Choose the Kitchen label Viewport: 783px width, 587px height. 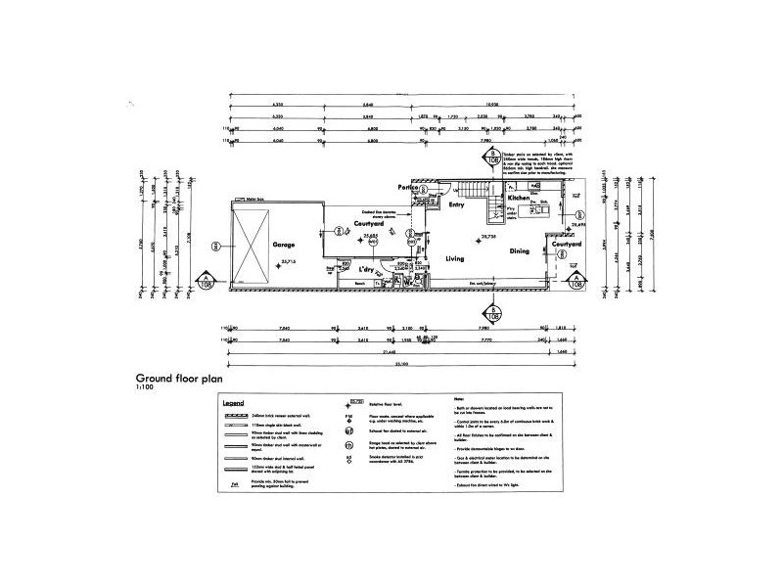[518, 198]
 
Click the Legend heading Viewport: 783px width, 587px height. [232, 402]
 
